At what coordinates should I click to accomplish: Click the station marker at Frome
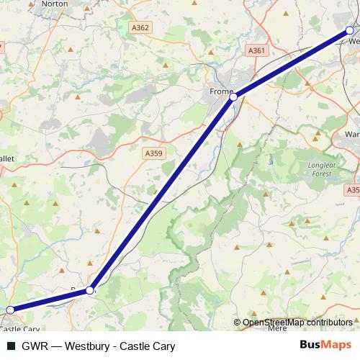(x=233, y=96)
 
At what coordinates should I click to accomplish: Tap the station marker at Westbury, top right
(x=350, y=30)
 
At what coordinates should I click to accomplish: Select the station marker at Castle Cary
(x=10, y=310)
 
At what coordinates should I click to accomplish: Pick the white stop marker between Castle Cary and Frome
(x=90, y=290)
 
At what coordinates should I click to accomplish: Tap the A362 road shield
(x=140, y=27)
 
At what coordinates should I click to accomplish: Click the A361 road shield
(x=256, y=50)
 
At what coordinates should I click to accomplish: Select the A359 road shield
(x=153, y=153)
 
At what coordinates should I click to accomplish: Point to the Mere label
(x=276, y=328)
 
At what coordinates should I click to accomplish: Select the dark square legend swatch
(x=10, y=346)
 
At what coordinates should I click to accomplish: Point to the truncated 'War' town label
(x=351, y=134)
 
